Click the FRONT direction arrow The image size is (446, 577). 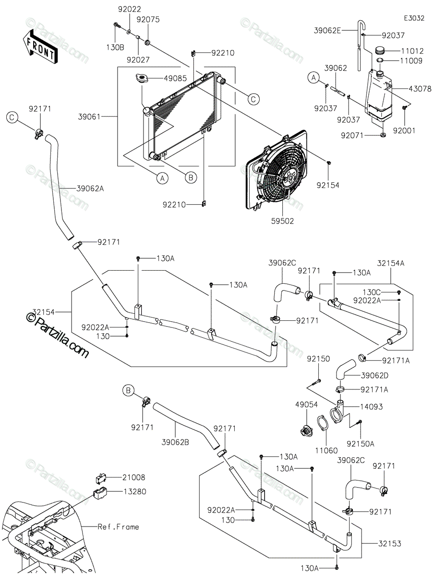40,48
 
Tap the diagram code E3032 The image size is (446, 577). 414,18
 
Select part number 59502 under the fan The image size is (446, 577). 282,221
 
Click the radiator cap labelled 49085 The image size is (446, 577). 142,78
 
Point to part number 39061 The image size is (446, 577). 89,116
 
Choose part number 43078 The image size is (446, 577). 420,88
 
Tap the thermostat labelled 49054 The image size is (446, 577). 307,430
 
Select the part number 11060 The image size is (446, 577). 326,451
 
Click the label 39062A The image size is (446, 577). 90,188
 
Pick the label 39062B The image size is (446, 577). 175,442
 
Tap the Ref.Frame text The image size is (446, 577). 118,527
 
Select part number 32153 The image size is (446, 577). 389,543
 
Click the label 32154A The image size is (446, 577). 391,263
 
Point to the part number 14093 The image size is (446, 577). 372,406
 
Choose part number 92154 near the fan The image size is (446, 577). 328,185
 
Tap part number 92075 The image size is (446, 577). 148,20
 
